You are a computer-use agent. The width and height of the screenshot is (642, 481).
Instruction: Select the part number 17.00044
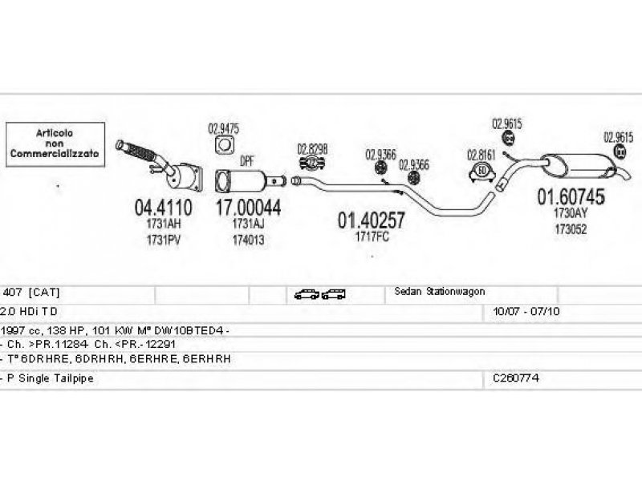248,207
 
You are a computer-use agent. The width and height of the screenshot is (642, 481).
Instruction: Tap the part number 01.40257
371,220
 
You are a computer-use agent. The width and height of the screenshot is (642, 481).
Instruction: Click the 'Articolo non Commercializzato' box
55,145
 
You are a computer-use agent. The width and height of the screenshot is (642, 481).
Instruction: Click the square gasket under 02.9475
224,145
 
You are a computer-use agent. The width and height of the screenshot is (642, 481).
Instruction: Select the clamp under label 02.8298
312,165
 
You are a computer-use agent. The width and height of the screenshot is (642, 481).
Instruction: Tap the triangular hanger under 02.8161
481,171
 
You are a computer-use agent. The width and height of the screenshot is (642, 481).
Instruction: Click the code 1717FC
371,236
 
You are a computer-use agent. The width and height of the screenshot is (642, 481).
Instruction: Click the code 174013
249,239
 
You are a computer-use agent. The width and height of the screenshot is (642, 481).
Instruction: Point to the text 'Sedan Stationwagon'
439,292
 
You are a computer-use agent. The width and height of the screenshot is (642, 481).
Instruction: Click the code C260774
516,377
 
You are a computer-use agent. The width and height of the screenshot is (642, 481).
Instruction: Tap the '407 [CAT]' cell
32,293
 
